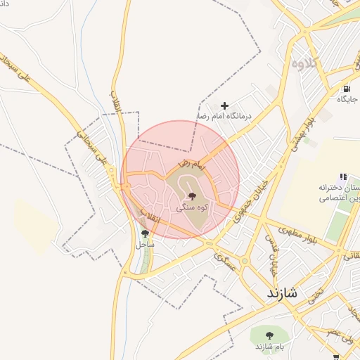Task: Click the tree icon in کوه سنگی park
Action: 191,196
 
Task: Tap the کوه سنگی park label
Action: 191,208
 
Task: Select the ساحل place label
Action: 144,245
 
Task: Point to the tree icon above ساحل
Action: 145,233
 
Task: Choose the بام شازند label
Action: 269,347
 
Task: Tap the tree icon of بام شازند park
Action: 270,335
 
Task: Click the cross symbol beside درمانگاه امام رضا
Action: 225,105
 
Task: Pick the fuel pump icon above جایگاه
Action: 347,89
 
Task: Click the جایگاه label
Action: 347,100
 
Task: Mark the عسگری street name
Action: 226,262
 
